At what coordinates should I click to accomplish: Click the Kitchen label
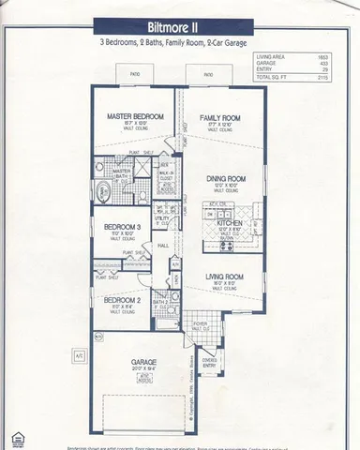pos(231,224)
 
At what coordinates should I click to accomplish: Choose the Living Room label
pos(225,277)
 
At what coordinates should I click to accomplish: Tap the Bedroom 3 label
pos(123,228)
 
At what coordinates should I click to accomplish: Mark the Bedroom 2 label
pos(123,300)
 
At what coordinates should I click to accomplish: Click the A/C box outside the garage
pos(79,355)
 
